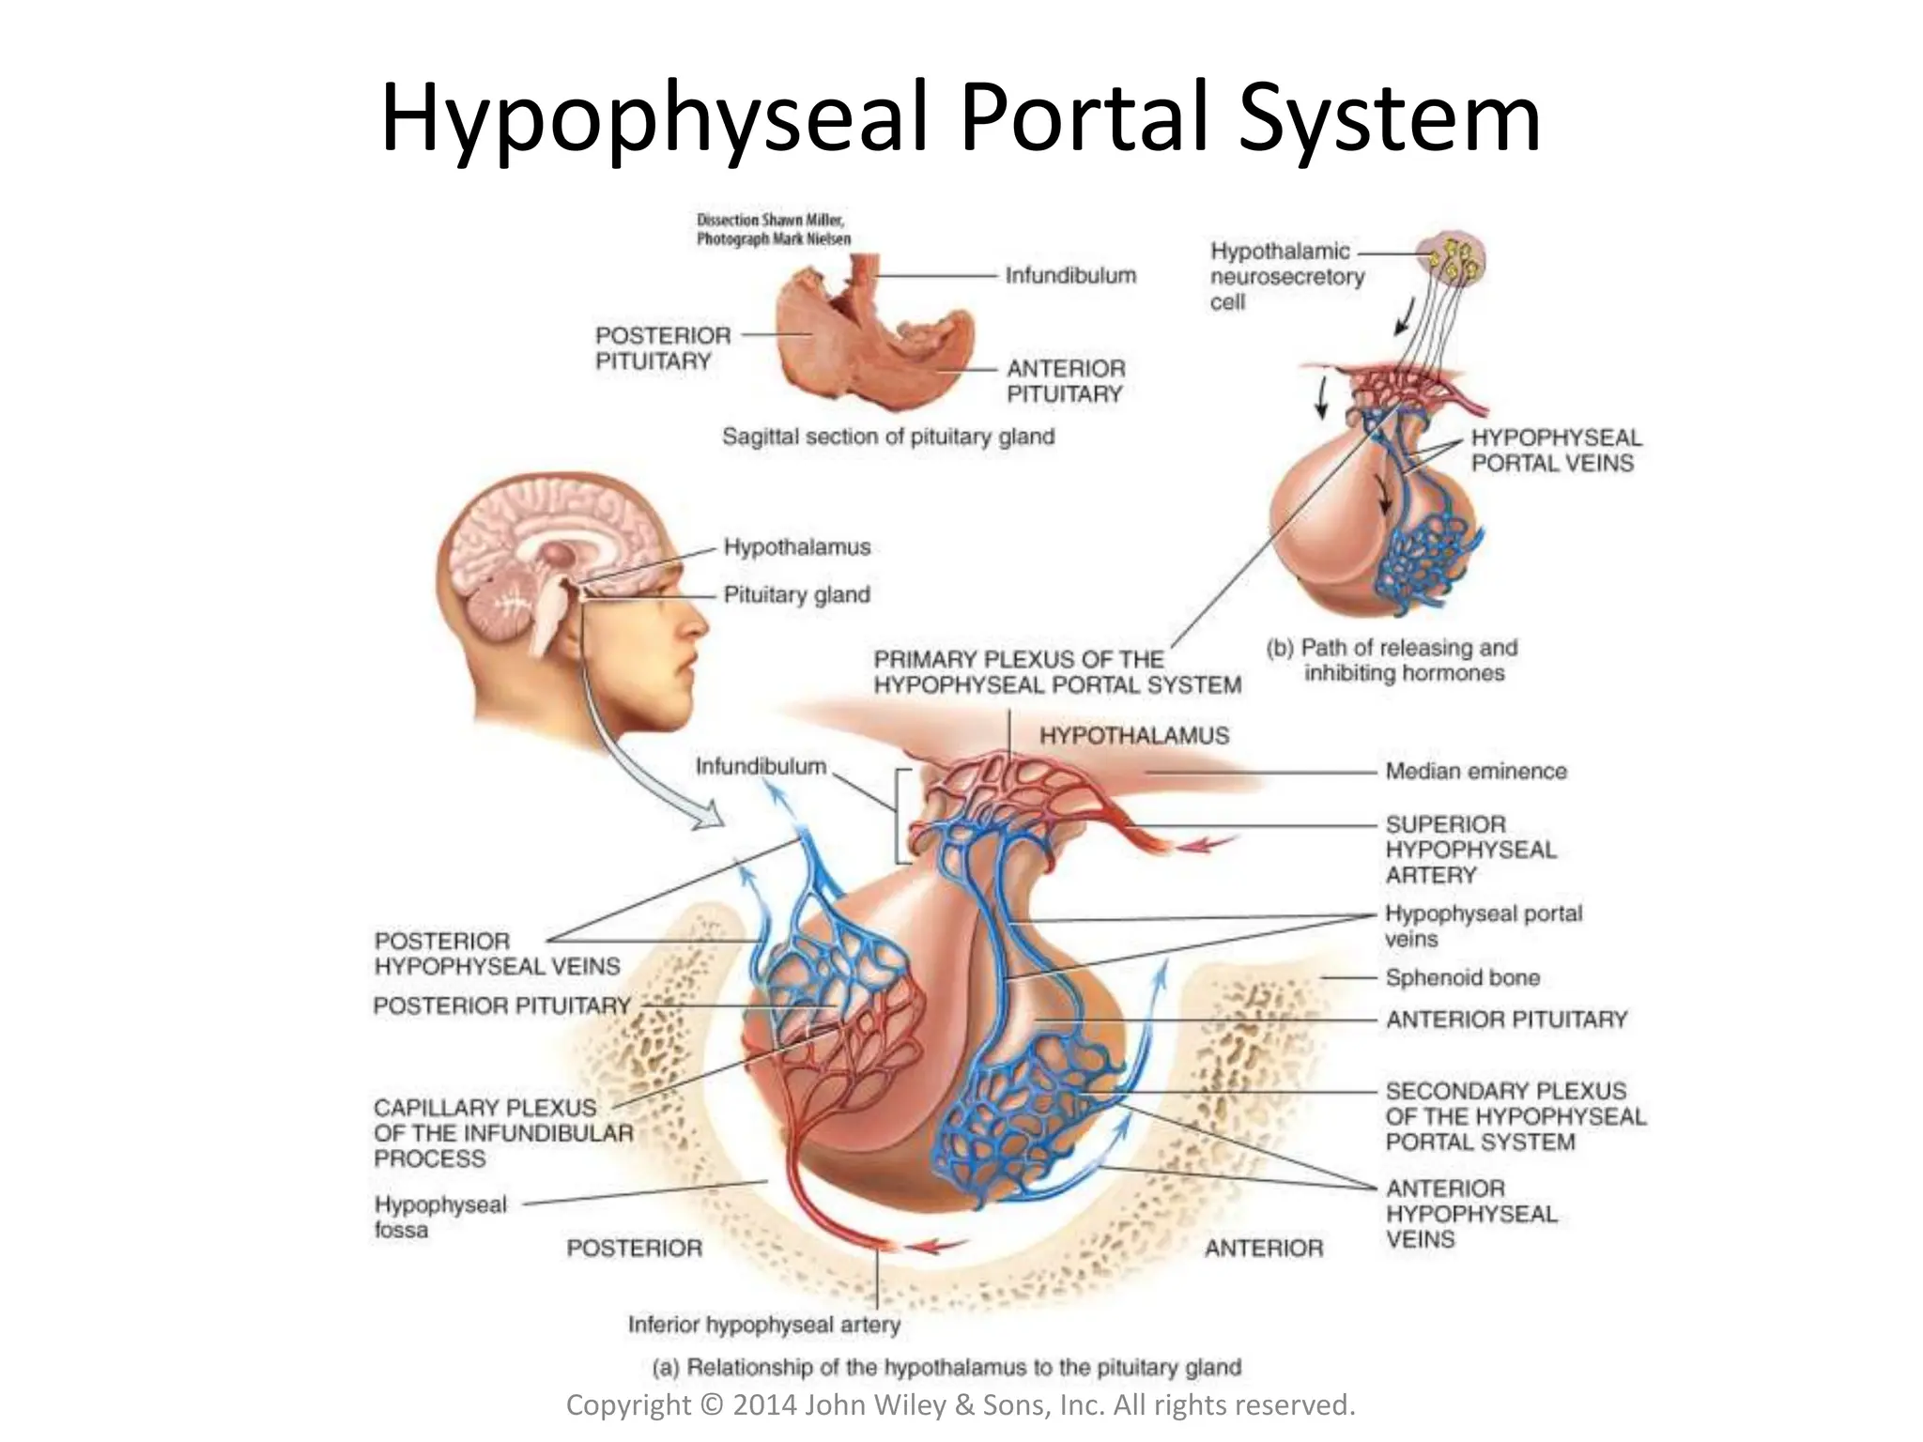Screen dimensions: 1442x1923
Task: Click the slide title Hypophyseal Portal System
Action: click(960, 118)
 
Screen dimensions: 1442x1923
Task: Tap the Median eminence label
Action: click(1476, 771)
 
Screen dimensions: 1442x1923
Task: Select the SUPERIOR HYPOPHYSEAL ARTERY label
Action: click(1469, 850)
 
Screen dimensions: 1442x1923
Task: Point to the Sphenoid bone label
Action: click(1462, 977)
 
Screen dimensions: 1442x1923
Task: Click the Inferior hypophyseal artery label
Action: click(763, 1325)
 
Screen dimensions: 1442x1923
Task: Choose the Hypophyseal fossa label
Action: click(439, 1217)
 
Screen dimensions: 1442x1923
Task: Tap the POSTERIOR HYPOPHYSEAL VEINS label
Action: click(497, 953)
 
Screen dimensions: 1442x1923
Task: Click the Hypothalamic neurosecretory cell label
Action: click(1285, 277)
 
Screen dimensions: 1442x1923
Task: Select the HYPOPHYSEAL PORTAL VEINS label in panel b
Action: click(1555, 450)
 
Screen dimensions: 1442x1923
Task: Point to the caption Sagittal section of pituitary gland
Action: click(887, 437)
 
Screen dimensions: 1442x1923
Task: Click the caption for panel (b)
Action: click(1392, 660)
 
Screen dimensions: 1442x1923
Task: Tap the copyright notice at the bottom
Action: click(960, 1404)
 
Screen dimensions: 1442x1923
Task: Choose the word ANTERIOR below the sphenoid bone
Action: click(1264, 1248)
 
